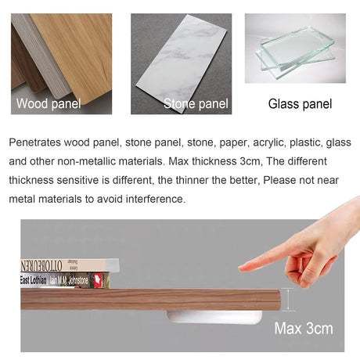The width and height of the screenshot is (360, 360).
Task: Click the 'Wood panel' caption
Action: tap(49, 104)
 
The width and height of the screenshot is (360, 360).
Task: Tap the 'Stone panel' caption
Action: tap(196, 104)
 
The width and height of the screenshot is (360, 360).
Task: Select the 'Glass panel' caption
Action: tap(300, 104)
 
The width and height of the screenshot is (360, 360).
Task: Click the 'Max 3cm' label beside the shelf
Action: tap(304, 328)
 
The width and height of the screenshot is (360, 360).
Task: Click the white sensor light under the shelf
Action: tap(214, 317)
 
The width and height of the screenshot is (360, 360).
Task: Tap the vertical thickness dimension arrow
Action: tap(288, 300)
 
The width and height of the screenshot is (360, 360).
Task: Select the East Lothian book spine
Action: tap(65, 280)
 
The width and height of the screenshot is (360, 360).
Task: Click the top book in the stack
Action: tap(70, 265)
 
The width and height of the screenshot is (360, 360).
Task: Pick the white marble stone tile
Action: tap(182, 63)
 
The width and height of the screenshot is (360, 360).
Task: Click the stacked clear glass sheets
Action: tap(296, 52)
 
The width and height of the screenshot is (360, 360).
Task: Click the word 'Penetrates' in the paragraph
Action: tap(35, 142)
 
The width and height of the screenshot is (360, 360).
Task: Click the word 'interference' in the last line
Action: tap(156, 199)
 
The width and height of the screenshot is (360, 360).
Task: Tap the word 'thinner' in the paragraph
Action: tap(192, 180)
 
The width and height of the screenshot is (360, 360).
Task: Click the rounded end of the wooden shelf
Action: tap(278, 300)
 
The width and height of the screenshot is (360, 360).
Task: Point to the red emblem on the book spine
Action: tap(98, 280)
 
